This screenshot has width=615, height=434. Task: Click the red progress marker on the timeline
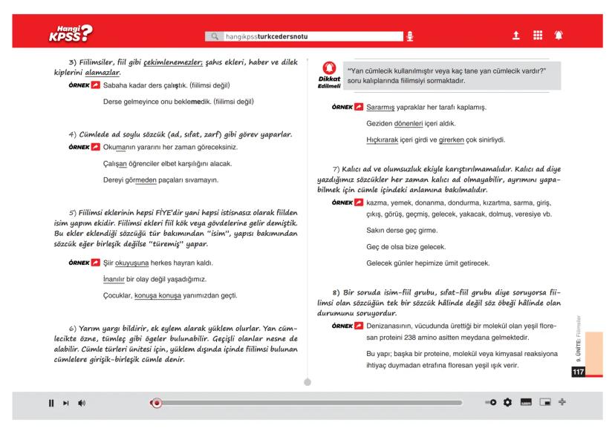[156, 403]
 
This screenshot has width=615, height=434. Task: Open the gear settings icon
[507, 403]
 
